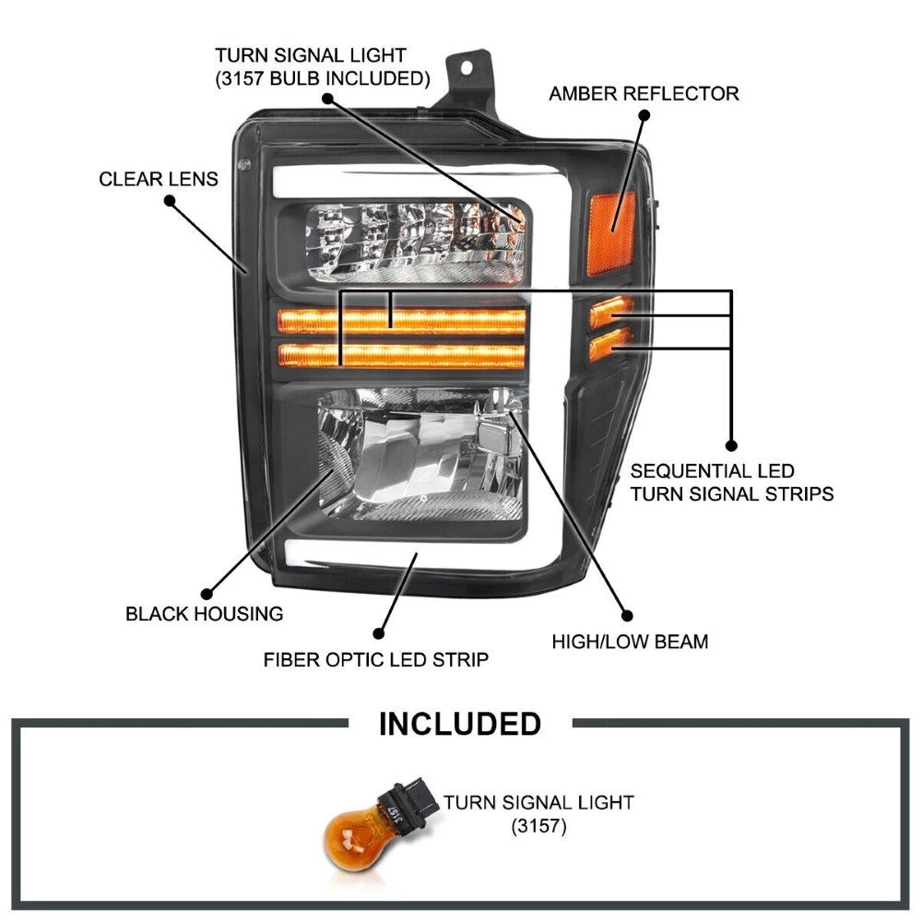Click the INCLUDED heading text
click(x=460, y=724)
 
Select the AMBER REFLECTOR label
click(x=644, y=94)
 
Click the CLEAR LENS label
click(x=159, y=179)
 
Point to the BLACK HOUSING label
click(x=205, y=613)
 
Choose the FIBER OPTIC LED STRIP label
click(x=376, y=660)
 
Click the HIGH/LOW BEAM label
click(x=630, y=642)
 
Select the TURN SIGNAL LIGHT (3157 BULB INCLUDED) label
click(x=323, y=67)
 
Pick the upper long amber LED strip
click(x=401, y=321)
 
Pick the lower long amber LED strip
click(x=401, y=354)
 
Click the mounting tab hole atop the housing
click(x=468, y=68)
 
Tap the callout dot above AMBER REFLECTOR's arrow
click(x=644, y=115)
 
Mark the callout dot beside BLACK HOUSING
click(x=205, y=595)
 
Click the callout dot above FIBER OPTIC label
click(x=376, y=633)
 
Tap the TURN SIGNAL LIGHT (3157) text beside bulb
click(x=538, y=813)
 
